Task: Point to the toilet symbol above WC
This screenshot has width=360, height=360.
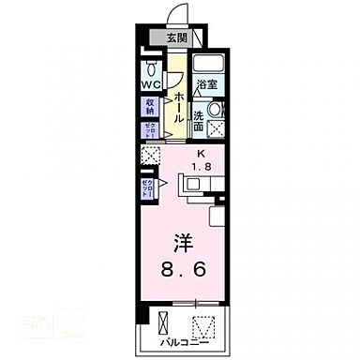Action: [153, 68]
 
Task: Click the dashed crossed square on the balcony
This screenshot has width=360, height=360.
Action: [205, 325]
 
